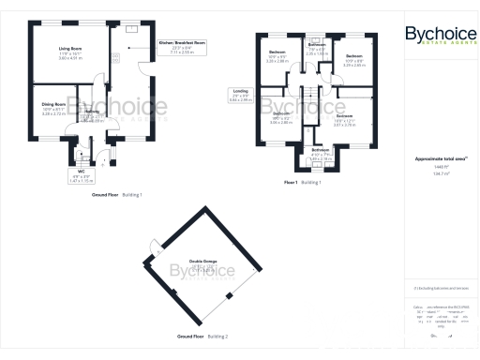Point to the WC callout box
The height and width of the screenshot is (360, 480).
click(x=81, y=172)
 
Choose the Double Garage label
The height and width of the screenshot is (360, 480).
click(x=202, y=264)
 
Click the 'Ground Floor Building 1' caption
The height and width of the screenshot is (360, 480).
click(x=116, y=194)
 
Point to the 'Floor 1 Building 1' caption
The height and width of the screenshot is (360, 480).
click(x=303, y=183)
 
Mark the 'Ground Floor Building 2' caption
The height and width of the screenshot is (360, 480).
click(x=202, y=335)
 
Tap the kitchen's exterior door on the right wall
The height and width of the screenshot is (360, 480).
click(x=142, y=66)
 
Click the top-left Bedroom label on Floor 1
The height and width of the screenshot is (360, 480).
click(x=277, y=54)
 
